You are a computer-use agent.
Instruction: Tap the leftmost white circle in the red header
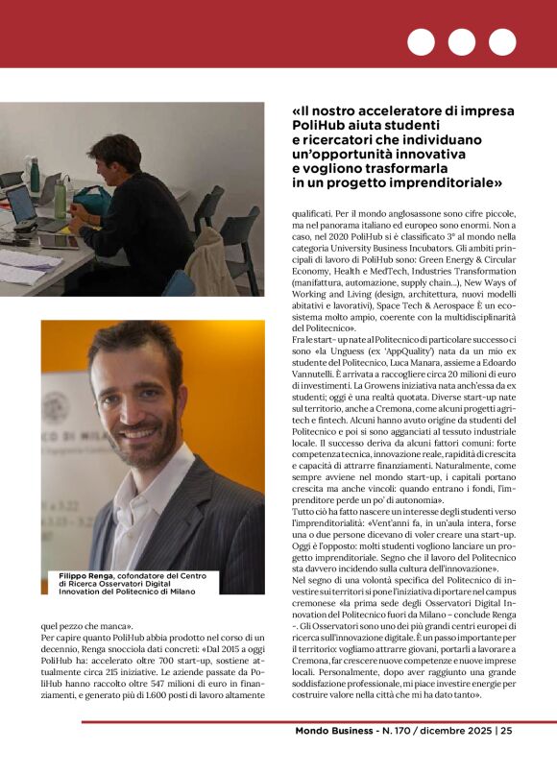coord(421,41)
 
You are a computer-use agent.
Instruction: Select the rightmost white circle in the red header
coord(502,41)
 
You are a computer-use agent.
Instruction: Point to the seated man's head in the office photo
coord(132,152)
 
